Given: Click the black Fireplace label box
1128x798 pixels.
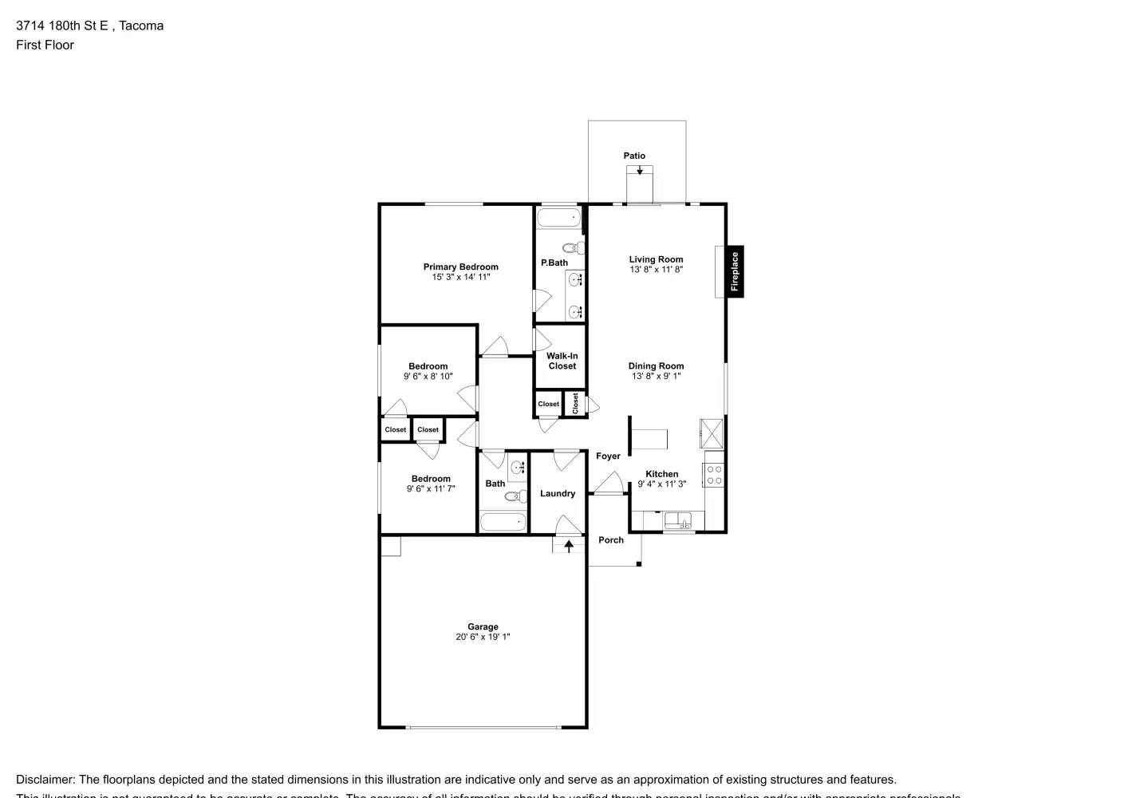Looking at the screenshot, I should click(735, 271).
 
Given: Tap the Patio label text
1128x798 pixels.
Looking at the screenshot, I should click(634, 156).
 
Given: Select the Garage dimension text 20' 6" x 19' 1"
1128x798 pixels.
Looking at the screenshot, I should click(483, 637).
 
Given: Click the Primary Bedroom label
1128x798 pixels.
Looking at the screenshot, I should click(460, 267).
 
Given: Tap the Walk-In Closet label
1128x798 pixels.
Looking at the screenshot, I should click(562, 361).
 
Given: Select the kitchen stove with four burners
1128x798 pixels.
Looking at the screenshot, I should click(714, 475).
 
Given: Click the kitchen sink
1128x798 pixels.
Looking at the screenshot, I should click(679, 521).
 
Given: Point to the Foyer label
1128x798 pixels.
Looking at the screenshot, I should click(608, 456).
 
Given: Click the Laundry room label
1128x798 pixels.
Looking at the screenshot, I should click(558, 493).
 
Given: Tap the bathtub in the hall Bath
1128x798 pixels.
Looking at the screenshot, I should click(503, 523).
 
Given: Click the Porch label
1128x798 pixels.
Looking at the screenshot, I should click(611, 539).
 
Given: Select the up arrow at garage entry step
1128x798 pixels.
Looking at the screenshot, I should click(569, 546).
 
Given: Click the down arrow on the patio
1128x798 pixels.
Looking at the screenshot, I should click(640, 170).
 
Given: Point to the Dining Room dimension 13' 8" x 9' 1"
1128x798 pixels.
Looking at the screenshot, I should click(656, 376).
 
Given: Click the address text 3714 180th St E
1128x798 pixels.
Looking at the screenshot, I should click(63, 26).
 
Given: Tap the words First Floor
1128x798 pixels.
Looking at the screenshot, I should click(45, 45).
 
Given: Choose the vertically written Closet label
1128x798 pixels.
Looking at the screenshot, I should click(575, 403).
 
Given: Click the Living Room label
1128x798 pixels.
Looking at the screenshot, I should click(656, 259).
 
